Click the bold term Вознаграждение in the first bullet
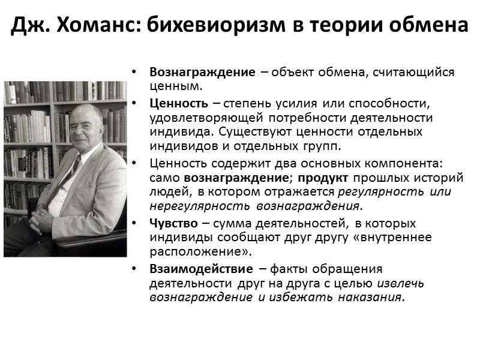[202, 73]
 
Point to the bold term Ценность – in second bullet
[182, 103]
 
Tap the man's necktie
[70, 170]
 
